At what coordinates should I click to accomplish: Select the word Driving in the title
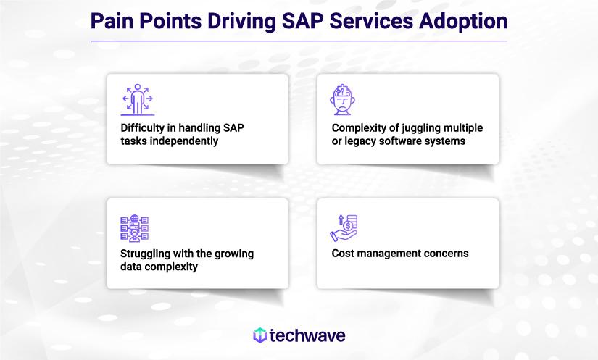241,20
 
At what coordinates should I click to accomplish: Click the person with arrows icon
137,99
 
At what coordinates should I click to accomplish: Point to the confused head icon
345,99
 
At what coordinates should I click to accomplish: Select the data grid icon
134,227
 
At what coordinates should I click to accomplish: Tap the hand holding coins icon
345,227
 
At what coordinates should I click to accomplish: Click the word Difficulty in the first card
142,128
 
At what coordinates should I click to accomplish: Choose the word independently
183,141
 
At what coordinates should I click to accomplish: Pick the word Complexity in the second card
360,128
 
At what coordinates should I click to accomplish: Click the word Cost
343,254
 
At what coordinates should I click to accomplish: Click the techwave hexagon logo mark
259,335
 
